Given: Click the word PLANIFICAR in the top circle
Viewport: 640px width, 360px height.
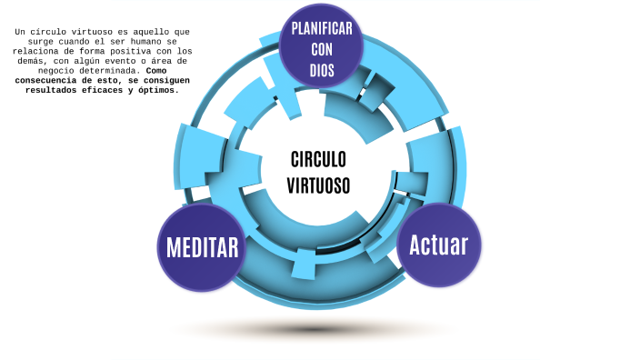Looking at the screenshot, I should pos(322,28).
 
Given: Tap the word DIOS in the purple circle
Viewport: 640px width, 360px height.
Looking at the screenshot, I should pos(322,69).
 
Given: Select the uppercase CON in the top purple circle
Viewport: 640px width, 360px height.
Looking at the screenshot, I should pos(322,49).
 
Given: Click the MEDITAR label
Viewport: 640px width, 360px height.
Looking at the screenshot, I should pos(202,247).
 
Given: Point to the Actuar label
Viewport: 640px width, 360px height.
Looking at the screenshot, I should pos(438,245).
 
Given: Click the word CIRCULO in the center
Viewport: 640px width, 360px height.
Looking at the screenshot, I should pos(318,160).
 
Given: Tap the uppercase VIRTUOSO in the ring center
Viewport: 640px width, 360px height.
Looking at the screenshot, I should pos(318,185).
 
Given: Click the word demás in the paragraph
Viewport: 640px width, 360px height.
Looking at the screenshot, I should pos(26,60).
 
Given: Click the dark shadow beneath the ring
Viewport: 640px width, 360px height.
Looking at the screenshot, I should pos(315,328).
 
